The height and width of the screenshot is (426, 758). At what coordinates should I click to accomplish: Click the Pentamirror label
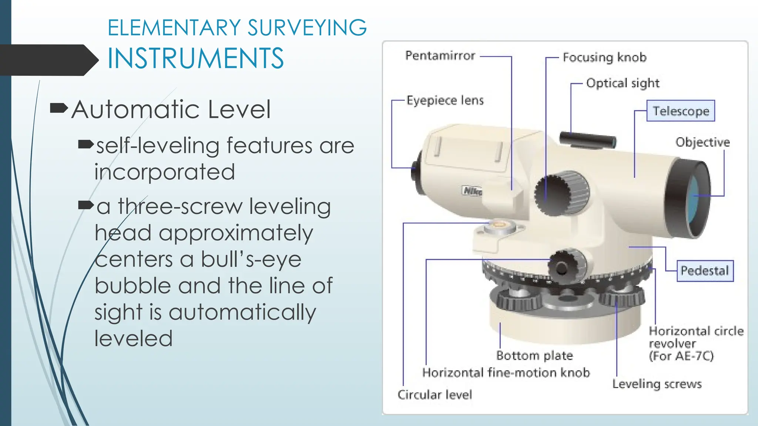(x=440, y=56)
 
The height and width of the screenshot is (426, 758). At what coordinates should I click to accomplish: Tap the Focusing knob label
(x=604, y=58)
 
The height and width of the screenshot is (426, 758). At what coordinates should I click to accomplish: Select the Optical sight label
(x=623, y=84)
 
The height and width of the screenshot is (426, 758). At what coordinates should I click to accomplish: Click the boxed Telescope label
(x=681, y=111)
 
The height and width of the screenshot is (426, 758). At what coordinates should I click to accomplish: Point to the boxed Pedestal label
(x=705, y=271)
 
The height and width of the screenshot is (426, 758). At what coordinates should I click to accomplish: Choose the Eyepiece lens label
(x=445, y=101)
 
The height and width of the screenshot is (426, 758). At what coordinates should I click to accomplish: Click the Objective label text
(x=702, y=142)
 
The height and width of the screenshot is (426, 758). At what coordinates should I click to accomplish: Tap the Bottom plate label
(x=534, y=356)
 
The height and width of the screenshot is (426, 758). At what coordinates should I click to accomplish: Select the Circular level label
(x=435, y=395)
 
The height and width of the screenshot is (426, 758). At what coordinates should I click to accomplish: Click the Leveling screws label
(x=657, y=384)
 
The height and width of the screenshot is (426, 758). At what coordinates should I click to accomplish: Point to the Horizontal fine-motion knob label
(x=506, y=373)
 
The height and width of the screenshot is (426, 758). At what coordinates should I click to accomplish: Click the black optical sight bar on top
(x=587, y=140)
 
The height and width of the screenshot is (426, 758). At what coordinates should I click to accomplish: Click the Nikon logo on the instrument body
(x=472, y=191)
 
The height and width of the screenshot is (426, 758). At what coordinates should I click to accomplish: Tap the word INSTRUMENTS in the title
(x=195, y=58)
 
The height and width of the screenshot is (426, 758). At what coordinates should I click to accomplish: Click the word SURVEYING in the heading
(x=307, y=28)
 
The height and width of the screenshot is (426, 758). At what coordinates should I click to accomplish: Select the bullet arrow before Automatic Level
(x=58, y=108)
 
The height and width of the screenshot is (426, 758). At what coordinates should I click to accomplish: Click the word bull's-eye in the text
(x=251, y=259)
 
